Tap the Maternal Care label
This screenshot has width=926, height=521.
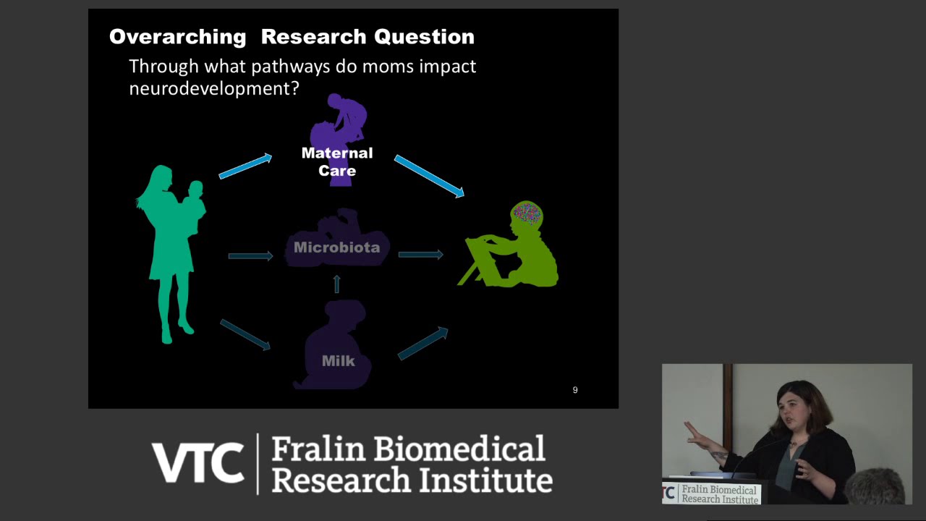[x=337, y=161]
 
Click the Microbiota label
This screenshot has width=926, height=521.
[x=336, y=247]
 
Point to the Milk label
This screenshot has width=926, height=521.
[x=338, y=360]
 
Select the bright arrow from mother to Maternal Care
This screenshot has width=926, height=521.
[x=245, y=166]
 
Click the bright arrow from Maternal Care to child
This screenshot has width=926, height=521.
[x=429, y=176]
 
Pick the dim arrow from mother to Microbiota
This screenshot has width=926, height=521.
[x=250, y=255]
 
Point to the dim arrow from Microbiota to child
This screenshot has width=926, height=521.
[x=420, y=255]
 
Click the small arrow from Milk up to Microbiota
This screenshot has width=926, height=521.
[x=336, y=284]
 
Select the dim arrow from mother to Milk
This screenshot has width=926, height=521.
[x=245, y=334]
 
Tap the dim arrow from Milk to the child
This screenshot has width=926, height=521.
[x=423, y=343]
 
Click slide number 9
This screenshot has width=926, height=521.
[x=575, y=390]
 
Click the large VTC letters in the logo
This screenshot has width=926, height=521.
[x=197, y=463]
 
